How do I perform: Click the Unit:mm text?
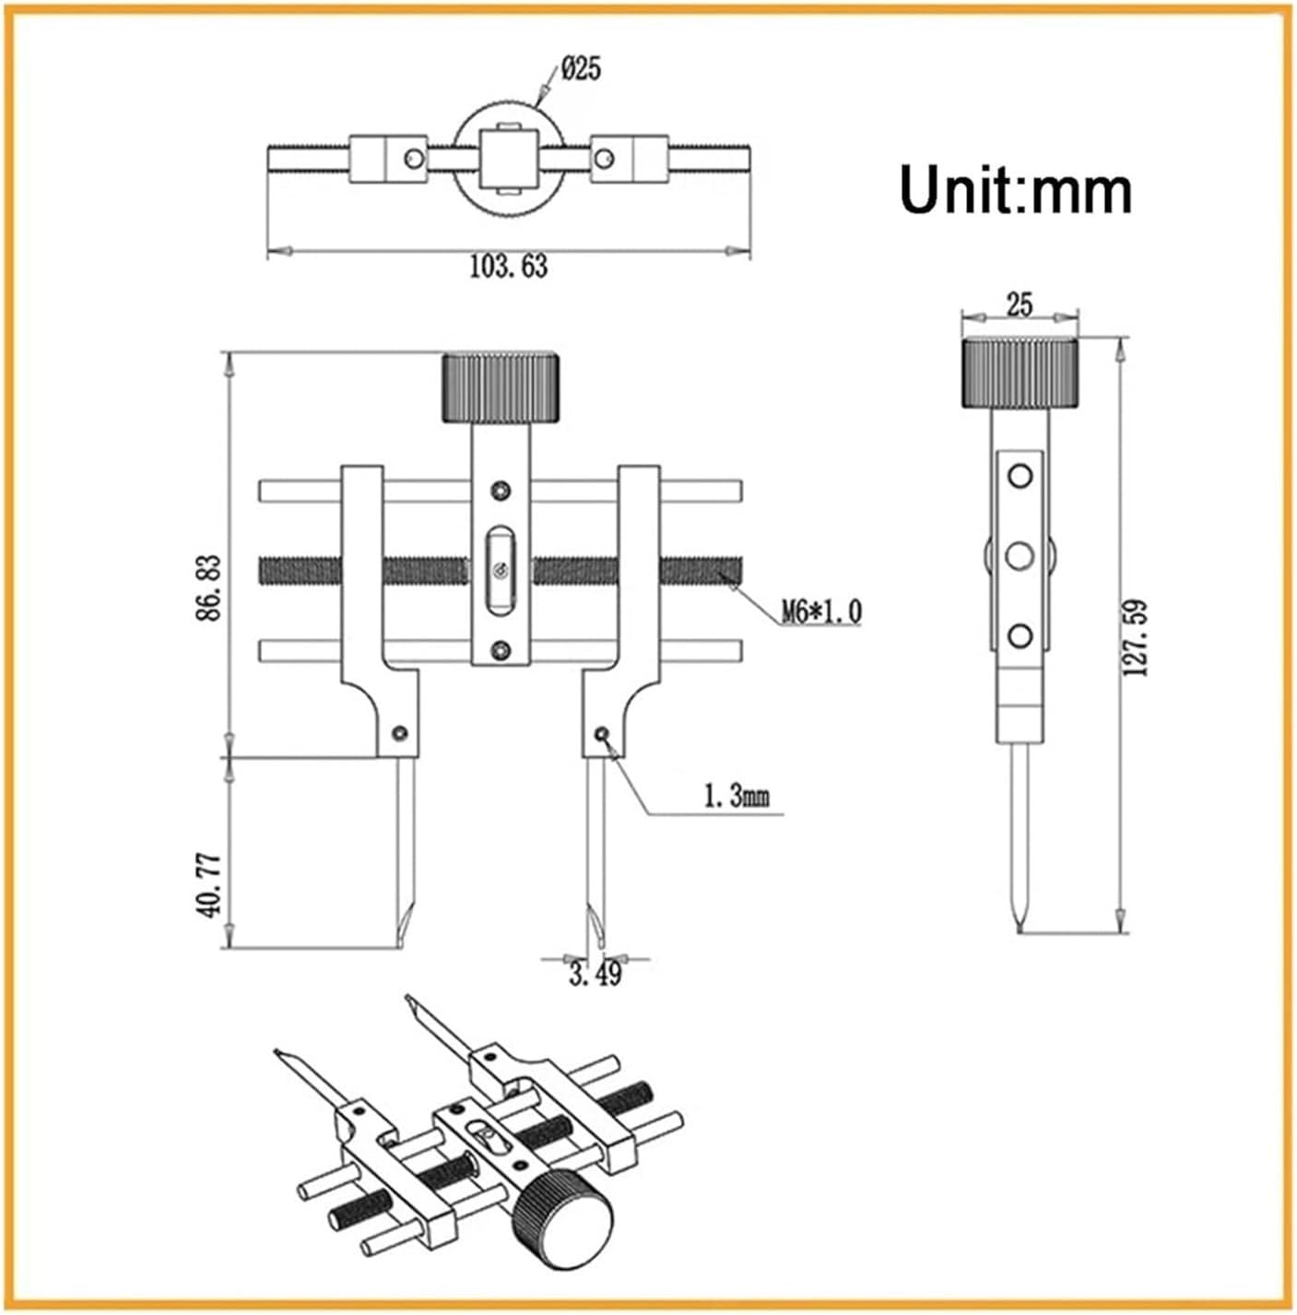[x=1015, y=191]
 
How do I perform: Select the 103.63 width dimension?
[x=508, y=267]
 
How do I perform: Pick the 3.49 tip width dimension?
[x=595, y=974]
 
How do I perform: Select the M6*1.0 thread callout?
[x=821, y=610]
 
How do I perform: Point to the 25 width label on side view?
[x=1020, y=304]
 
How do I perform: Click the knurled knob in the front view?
[x=501, y=387]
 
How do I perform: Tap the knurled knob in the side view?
[x=1020, y=373]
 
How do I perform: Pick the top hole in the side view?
[x=1020, y=477]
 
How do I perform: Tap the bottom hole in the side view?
[x=1020, y=635]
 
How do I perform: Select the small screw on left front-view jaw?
[x=399, y=733]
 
